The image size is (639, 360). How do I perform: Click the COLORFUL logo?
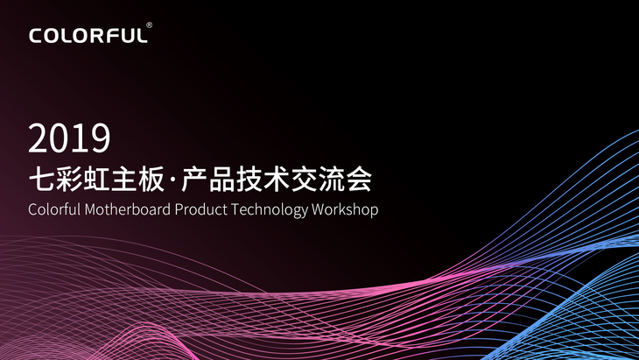pyautogui.click(x=88, y=35)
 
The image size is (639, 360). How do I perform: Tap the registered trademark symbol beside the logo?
pyautogui.click(x=149, y=25)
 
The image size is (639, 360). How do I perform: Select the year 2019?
pyautogui.click(x=69, y=138)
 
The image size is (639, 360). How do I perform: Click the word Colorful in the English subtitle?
pyautogui.click(x=54, y=209)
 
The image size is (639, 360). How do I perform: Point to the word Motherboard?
pyautogui.click(x=128, y=209)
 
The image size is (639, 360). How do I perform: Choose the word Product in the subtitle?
pyautogui.click(x=201, y=209)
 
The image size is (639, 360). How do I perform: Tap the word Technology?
pyautogui.click(x=270, y=210)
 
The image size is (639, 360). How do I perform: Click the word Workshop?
pyautogui.click(x=345, y=210)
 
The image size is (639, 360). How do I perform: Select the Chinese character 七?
pyautogui.click(x=41, y=179)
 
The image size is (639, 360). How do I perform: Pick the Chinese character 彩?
pyautogui.click(x=69, y=179)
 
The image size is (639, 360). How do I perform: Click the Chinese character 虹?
pyautogui.click(x=96, y=179)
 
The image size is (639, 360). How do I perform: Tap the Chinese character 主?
pyautogui.click(x=123, y=179)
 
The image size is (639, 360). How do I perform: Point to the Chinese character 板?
pyautogui.click(x=151, y=179)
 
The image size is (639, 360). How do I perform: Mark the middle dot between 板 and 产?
pyautogui.click(x=172, y=180)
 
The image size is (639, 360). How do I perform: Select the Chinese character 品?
pyautogui.click(x=222, y=179)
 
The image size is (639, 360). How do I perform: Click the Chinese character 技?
pyautogui.click(x=249, y=179)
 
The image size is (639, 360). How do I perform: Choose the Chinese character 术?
pyautogui.click(x=277, y=179)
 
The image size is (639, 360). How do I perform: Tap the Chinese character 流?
pyautogui.click(x=332, y=179)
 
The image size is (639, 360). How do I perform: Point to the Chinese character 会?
pyautogui.click(x=359, y=179)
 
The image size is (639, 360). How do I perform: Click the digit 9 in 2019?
pyautogui.click(x=101, y=138)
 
